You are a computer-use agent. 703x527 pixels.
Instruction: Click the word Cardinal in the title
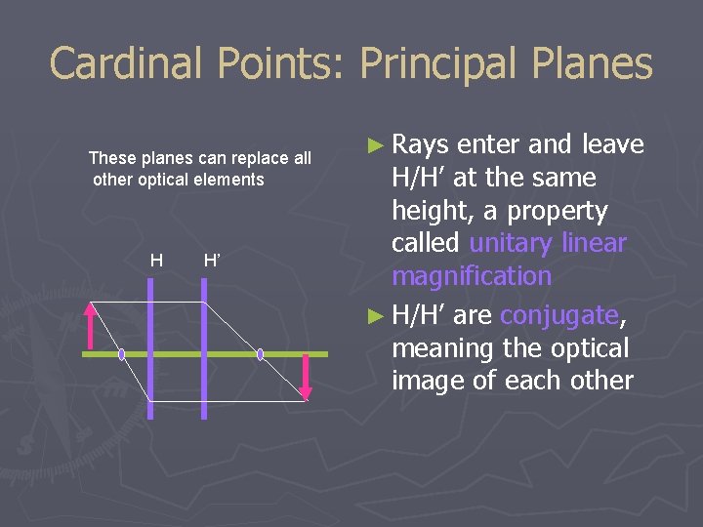tap(126, 64)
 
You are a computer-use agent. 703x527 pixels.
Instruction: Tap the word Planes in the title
tap(593, 64)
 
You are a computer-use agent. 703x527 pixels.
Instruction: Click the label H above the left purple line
tap(156, 260)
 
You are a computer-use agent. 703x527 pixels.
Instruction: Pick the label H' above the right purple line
tap(210, 260)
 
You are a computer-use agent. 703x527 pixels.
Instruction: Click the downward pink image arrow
tap(305, 379)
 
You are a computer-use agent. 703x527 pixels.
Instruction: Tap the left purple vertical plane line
tap(150, 390)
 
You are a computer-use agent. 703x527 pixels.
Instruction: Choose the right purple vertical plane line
tap(204, 390)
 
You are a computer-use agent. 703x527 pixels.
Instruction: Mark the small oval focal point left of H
tap(122, 354)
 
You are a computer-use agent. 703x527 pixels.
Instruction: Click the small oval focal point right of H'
tap(261, 354)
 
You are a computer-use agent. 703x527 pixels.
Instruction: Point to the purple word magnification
tap(472, 276)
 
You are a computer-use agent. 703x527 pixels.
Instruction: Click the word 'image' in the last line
tap(431, 381)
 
